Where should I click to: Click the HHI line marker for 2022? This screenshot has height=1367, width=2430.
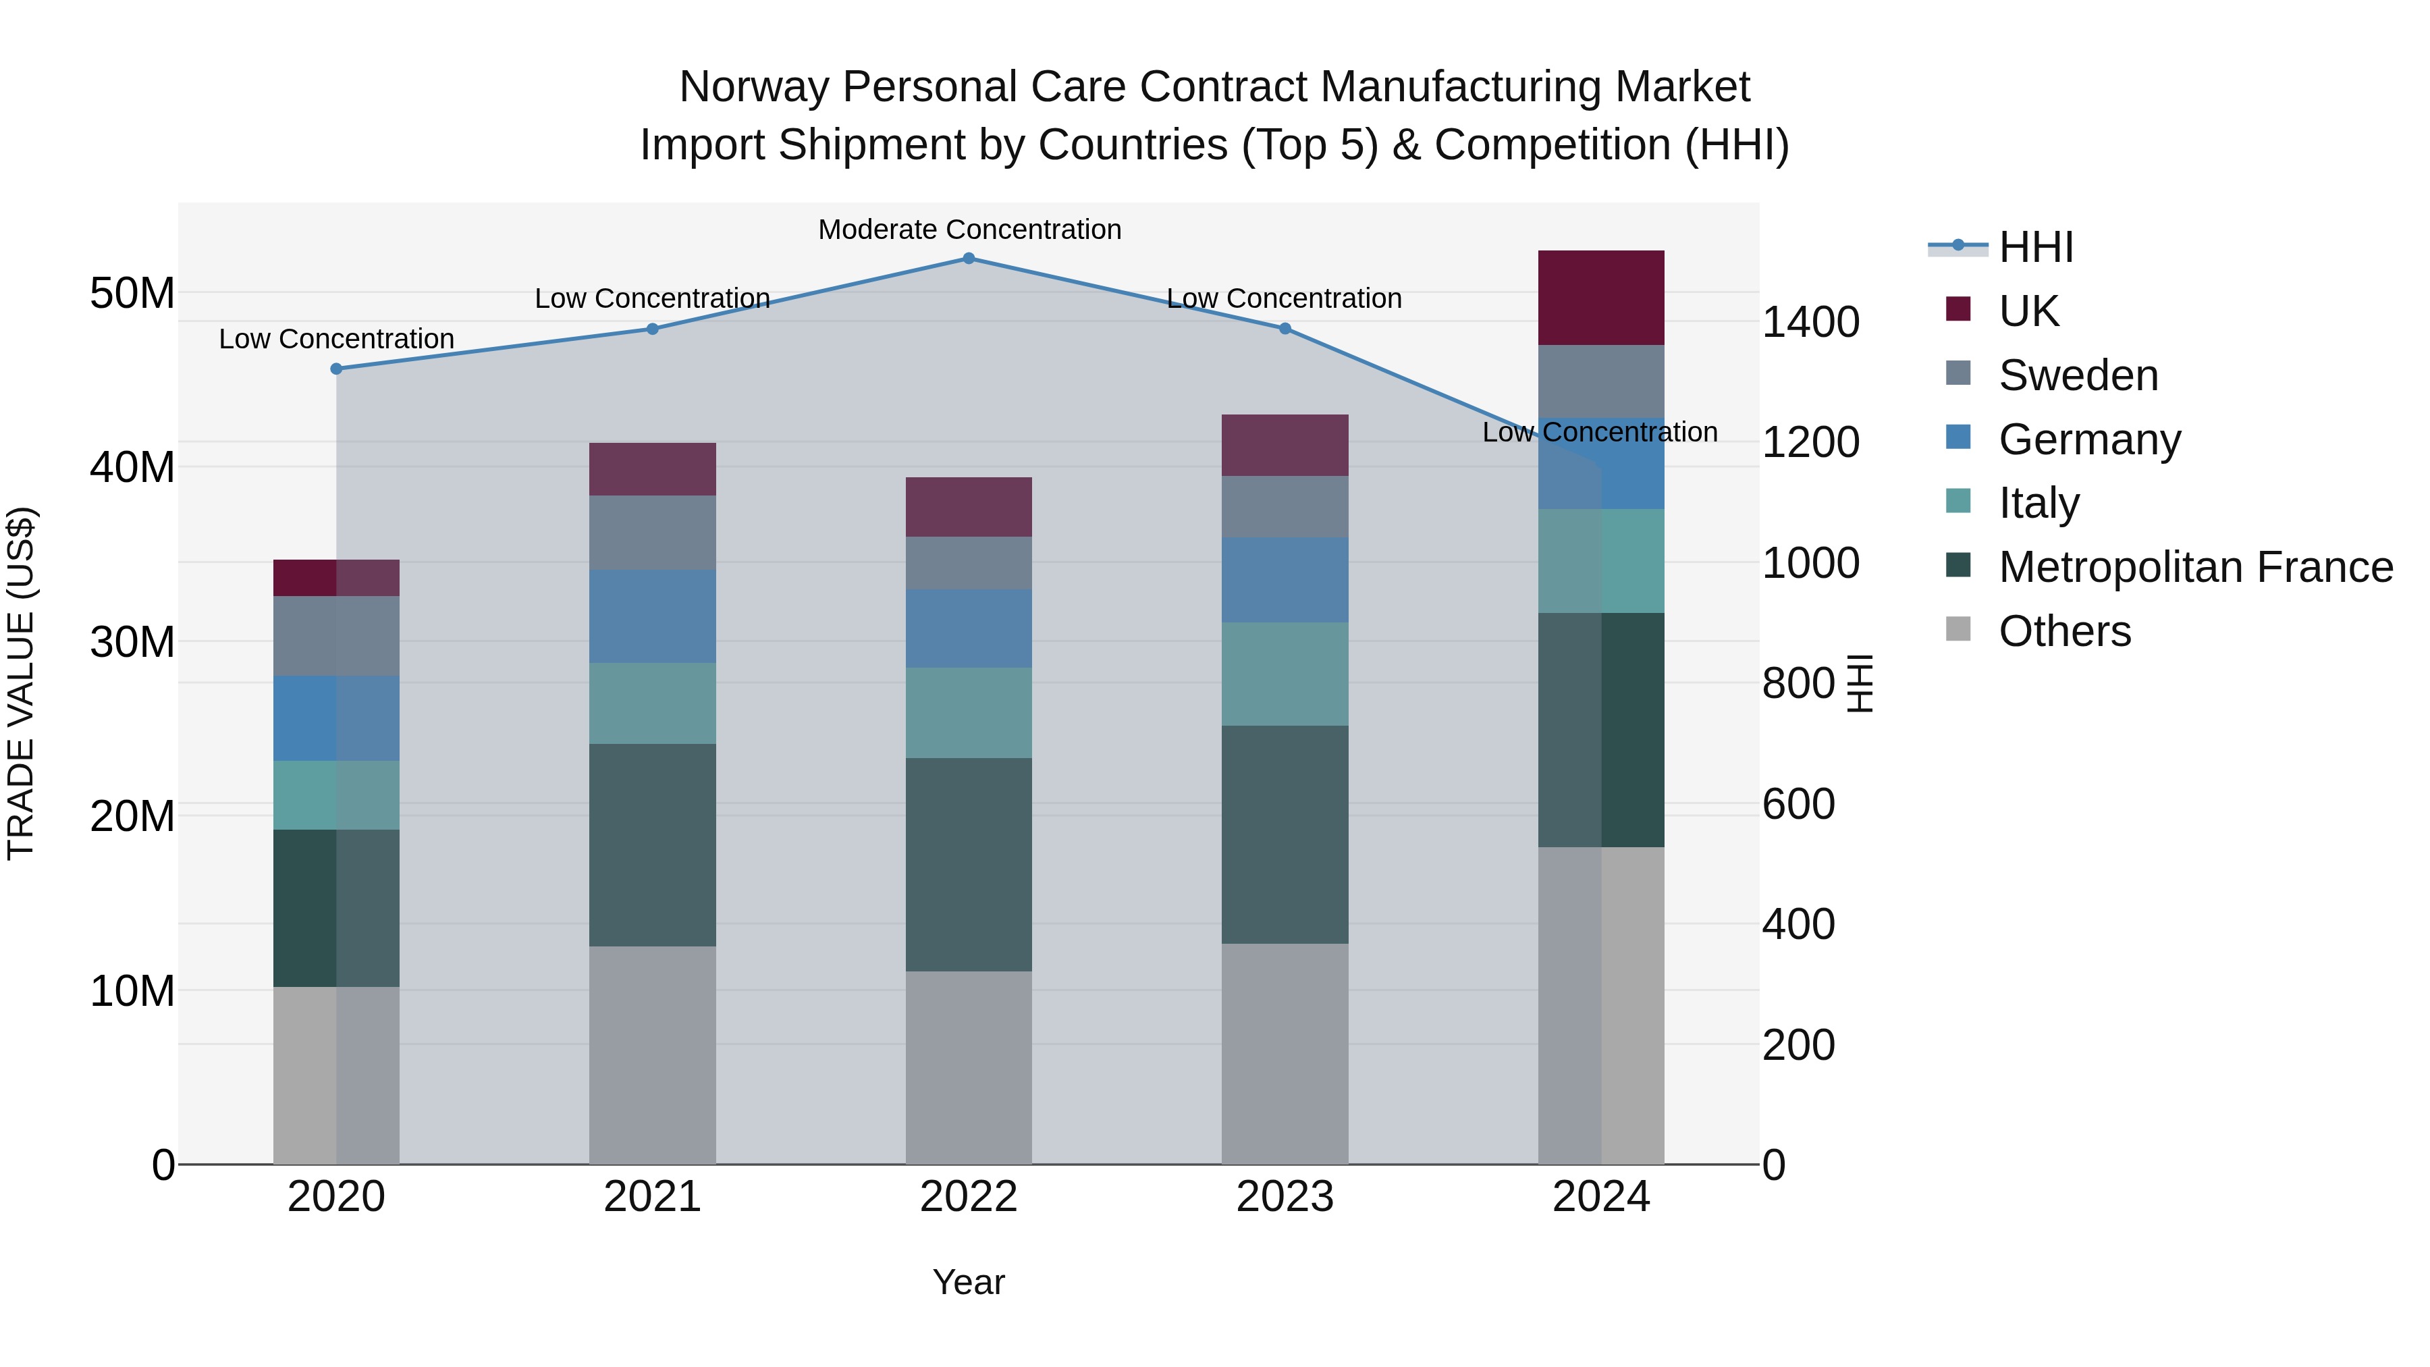pos(969,259)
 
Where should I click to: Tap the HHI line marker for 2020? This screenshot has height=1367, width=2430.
pos(337,369)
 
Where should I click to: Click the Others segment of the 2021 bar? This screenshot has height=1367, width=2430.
pos(652,1054)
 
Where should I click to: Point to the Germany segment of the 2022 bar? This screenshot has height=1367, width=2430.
pos(969,628)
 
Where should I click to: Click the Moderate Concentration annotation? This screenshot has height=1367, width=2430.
pos(969,230)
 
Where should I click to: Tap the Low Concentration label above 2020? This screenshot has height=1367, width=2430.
pos(337,339)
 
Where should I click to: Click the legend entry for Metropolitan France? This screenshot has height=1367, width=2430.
pos(2195,567)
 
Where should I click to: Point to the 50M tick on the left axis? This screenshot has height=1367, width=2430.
pos(132,294)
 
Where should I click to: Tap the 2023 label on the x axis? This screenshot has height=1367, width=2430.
pos(1285,1197)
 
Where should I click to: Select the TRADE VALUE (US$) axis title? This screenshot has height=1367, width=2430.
pos(21,683)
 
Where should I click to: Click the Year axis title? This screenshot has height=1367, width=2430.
pos(969,1282)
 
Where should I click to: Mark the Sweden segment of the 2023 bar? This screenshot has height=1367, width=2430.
pos(1285,506)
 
